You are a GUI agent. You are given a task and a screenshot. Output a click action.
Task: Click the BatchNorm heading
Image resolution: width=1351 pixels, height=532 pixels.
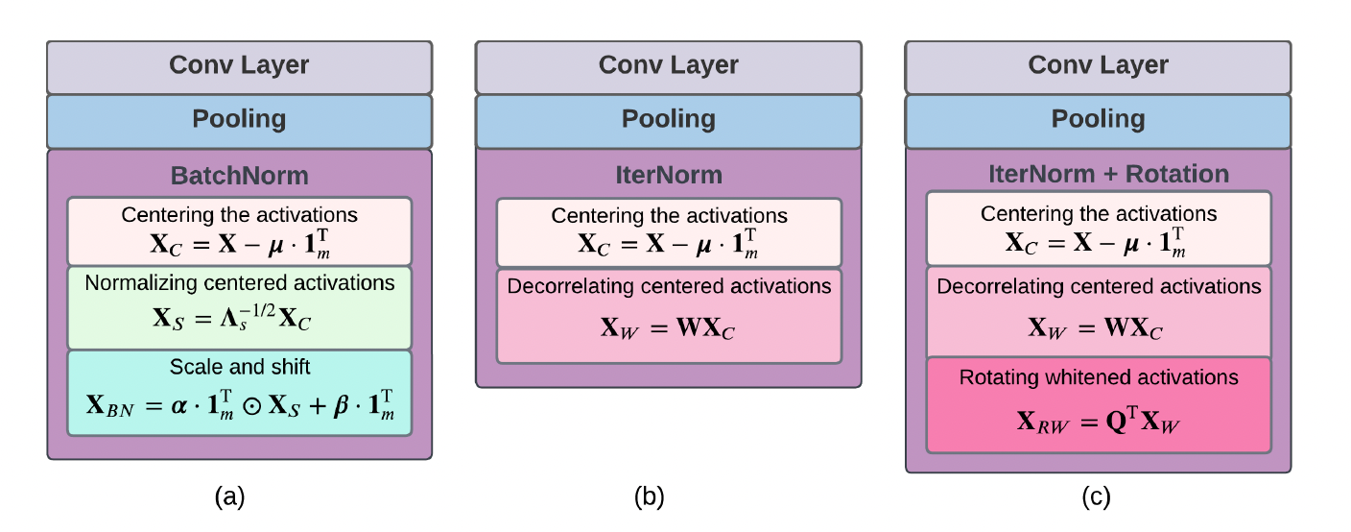click(x=239, y=175)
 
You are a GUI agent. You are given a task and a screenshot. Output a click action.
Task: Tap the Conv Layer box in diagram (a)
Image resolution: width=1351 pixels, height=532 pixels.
click(x=239, y=65)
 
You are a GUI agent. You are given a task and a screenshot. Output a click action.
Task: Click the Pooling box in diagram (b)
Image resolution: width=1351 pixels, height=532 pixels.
click(x=669, y=119)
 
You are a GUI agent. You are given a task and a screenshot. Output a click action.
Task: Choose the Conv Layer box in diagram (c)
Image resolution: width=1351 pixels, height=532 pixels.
click(x=1098, y=65)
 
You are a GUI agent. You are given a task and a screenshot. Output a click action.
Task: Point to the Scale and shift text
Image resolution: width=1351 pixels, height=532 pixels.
click(x=238, y=368)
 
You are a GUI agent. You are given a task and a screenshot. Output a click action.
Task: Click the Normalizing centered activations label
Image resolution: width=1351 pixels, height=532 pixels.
click(x=239, y=283)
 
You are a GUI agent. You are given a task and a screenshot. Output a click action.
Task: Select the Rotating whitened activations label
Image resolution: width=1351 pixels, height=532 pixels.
click(x=1098, y=377)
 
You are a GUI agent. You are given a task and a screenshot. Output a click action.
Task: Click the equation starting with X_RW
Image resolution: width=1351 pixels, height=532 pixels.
click(x=1098, y=420)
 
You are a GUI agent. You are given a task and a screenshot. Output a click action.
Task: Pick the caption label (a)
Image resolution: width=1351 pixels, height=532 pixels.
click(x=230, y=496)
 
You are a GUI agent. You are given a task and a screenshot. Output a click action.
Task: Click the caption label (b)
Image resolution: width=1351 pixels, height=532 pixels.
click(x=649, y=496)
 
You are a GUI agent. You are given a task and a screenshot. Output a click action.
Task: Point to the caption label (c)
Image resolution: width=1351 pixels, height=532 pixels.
click(x=1095, y=496)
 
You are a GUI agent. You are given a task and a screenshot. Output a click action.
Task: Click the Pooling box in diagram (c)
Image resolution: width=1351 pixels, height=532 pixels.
click(x=1098, y=119)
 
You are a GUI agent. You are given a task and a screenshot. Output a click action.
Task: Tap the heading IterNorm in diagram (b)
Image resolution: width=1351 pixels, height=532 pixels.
click(x=669, y=175)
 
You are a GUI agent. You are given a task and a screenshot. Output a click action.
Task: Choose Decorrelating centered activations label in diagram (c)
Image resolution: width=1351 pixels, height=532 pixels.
click(x=1098, y=287)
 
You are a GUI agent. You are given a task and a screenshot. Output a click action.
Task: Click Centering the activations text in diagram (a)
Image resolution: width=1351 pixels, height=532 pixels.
click(x=238, y=214)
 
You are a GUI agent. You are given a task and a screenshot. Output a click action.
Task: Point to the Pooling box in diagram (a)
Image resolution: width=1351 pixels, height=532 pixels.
click(x=239, y=119)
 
